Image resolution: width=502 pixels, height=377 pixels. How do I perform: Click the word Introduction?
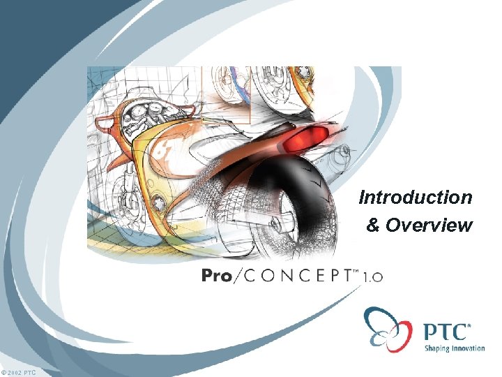click(416, 198)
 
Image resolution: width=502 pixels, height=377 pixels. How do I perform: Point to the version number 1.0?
click(372, 277)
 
